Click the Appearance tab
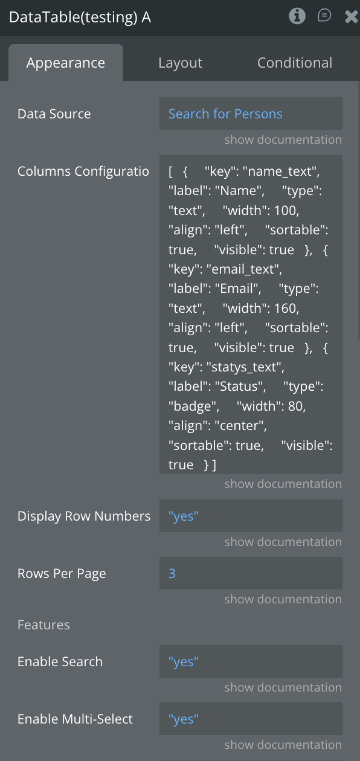click(x=66, y=63)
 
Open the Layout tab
click(x=181, y=63)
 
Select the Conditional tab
click(x=295, y=63)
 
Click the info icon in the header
click(x=297, y=16)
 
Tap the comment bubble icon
click(x=324, y=16)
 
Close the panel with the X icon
click(x=352, y=16)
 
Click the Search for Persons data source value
click(x=225, y=114)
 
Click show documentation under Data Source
click(x=283, y=140)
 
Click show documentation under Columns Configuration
click(x=283, y=484)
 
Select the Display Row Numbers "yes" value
click(x=184, y=516)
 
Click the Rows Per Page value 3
click(x=172, y=574)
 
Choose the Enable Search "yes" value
click(x=184, y=662)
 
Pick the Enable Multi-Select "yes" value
click(x=184, y=719)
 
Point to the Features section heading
click(x=43, y=625)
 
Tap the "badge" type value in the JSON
click(x=193, y=406)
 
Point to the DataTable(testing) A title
click(x=80, y=17)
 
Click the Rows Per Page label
click(x=62, y=574)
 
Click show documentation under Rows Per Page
click(x=283, y=599)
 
